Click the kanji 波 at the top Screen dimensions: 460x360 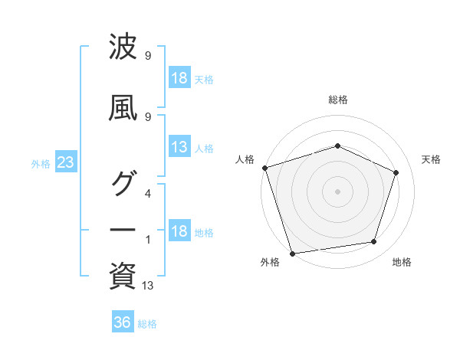point(123,46)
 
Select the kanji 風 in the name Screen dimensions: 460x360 point(123,108)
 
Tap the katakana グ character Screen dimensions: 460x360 point(124,183)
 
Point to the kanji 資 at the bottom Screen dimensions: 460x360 point(123,276)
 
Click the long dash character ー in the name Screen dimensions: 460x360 point(123,230)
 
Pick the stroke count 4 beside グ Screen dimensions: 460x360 point(148,194)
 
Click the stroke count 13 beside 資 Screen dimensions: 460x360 point(147,285)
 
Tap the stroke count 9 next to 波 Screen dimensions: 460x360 point(148,55)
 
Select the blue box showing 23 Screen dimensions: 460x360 point(66,162)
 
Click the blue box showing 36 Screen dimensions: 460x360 point(123,321)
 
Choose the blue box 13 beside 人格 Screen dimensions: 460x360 point(180,146)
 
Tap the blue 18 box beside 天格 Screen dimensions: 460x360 point(180,77)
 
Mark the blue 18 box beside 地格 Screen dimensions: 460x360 point(180,230)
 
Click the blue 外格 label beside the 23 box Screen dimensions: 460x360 point(41,164)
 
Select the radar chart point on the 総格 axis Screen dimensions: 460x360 point(337,146)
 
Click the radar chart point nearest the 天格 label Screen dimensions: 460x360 point(396,172)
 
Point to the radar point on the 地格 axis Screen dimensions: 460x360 point(374,241)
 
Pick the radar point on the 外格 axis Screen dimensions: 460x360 point(292,254)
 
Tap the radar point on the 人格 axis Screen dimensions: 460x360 point(265,168)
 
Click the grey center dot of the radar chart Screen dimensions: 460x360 point(337,191)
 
